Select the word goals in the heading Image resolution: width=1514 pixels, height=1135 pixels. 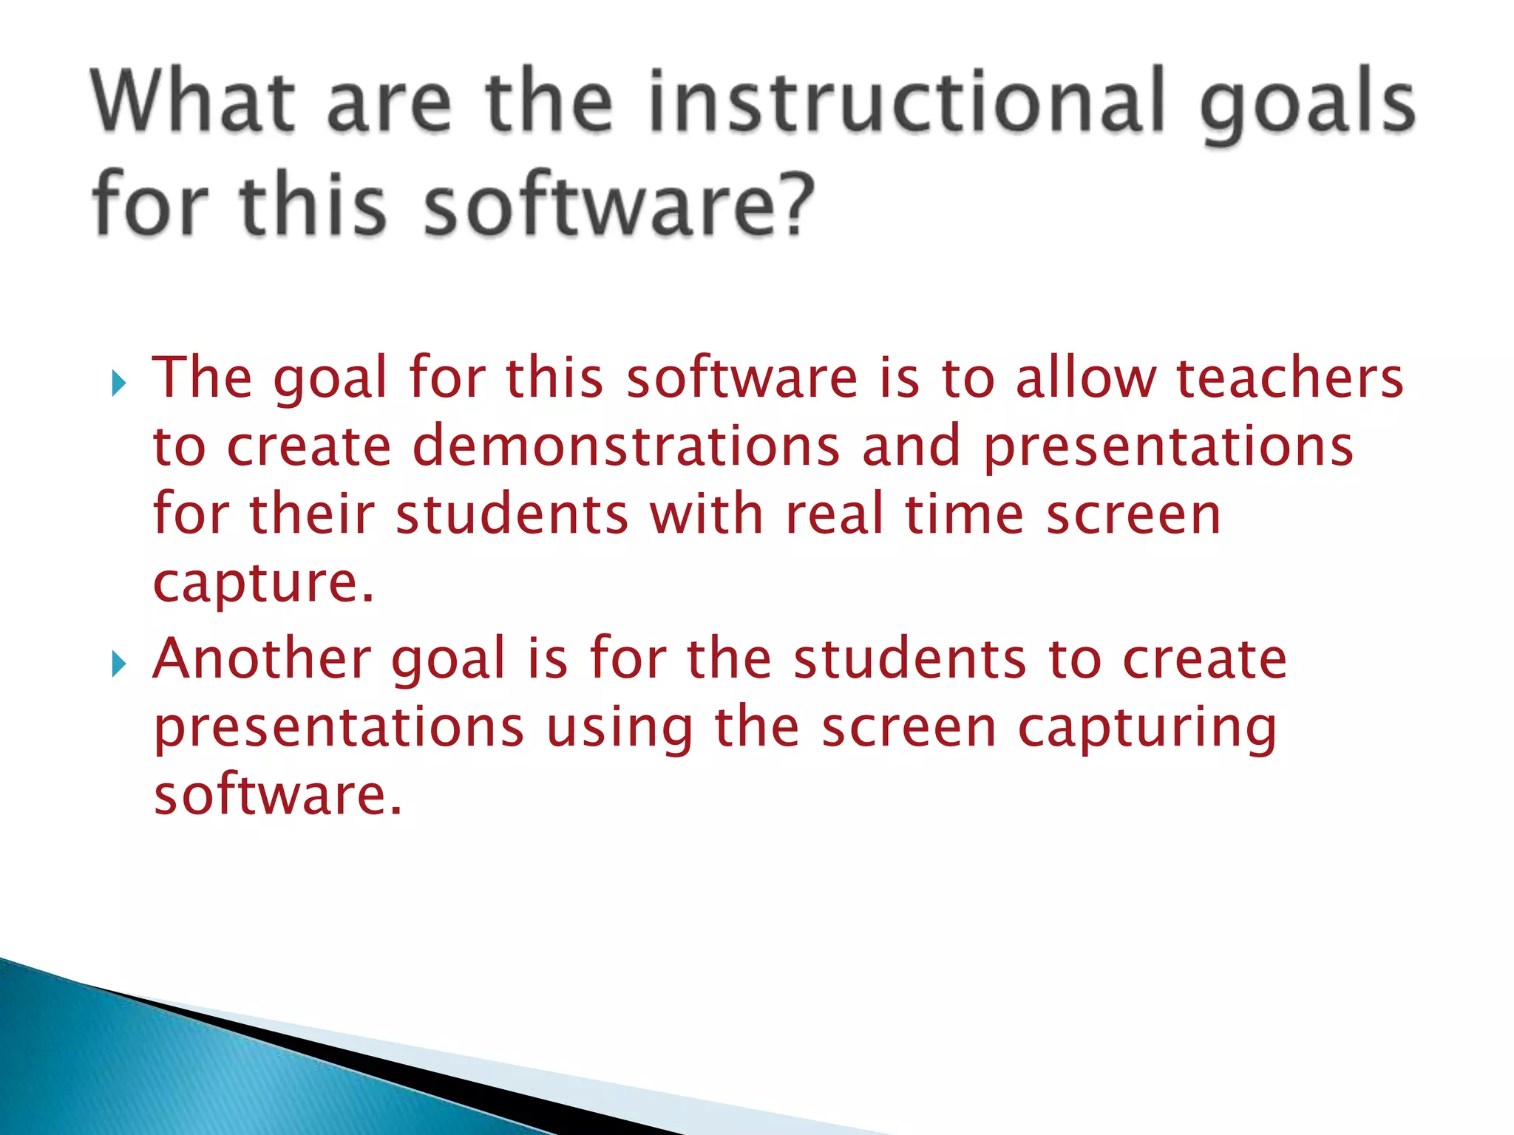[1307, 107]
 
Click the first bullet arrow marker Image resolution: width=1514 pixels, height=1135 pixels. [119, 384]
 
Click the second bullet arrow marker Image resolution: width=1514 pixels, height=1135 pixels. [119, 664]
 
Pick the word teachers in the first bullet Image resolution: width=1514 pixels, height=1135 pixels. [1289, 378]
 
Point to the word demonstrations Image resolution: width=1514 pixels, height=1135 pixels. [626, 446]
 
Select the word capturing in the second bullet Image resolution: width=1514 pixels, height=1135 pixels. [1147, 729]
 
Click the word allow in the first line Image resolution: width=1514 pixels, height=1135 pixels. [1085, 378]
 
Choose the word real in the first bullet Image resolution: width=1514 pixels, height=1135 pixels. [835, 514]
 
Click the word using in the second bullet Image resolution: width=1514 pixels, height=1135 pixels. [619, 729]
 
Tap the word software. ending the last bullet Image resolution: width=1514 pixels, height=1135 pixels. [277, 795]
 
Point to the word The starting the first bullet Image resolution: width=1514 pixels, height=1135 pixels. [202, 378]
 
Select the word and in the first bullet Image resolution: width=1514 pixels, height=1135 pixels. [912, 446]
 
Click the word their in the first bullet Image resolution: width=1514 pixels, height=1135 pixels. [312, 514]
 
